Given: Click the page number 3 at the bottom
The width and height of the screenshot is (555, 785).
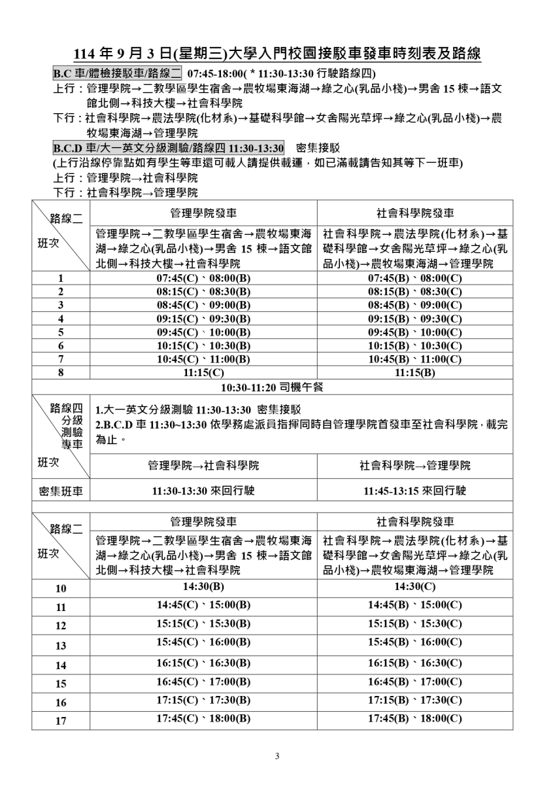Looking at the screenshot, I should point(277,757).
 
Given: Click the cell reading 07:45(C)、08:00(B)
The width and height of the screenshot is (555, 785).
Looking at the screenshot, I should point(203,278).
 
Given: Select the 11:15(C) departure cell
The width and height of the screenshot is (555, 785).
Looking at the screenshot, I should point(203,372).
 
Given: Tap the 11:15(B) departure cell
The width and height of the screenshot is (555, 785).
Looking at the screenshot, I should point(414,372).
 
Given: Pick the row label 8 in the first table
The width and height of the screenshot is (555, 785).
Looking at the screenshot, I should point(61,372).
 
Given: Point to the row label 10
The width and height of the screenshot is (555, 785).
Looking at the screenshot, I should point(61,587).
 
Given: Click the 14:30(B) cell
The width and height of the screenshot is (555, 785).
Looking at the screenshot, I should point(203,586).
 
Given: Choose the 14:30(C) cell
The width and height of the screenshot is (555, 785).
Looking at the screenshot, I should point(414,586).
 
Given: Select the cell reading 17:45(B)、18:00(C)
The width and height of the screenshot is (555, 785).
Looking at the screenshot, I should point(414,718).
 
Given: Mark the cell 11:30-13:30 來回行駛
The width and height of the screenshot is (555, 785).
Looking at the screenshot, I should point(203,491).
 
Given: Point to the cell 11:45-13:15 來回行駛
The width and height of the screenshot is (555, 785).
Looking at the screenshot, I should point(414,491).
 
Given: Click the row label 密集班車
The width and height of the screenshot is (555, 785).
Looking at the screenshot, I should point(61,491).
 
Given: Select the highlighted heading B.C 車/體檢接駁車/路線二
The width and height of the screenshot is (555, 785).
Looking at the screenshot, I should point(118,73).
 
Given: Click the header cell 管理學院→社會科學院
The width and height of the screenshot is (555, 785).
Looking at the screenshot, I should point(203,466).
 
